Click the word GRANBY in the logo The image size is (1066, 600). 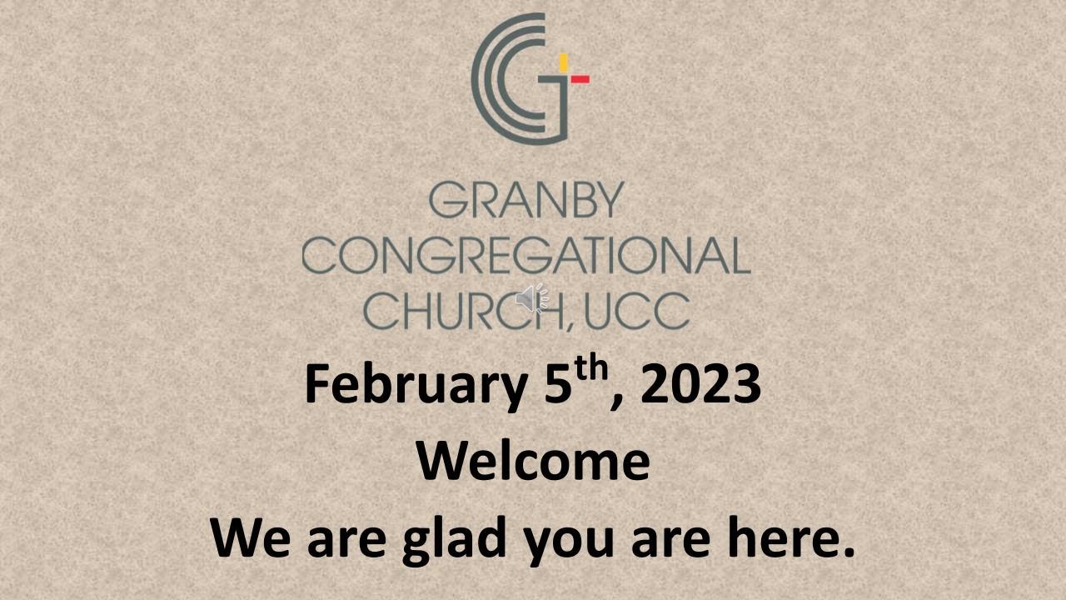pos(526,201)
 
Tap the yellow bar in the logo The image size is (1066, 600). pos(564,62)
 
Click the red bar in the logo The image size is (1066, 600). pos(580,79)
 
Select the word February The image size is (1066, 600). pos(413,385)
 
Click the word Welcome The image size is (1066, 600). pos(533,461)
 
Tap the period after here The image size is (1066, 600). pos(849,553)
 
